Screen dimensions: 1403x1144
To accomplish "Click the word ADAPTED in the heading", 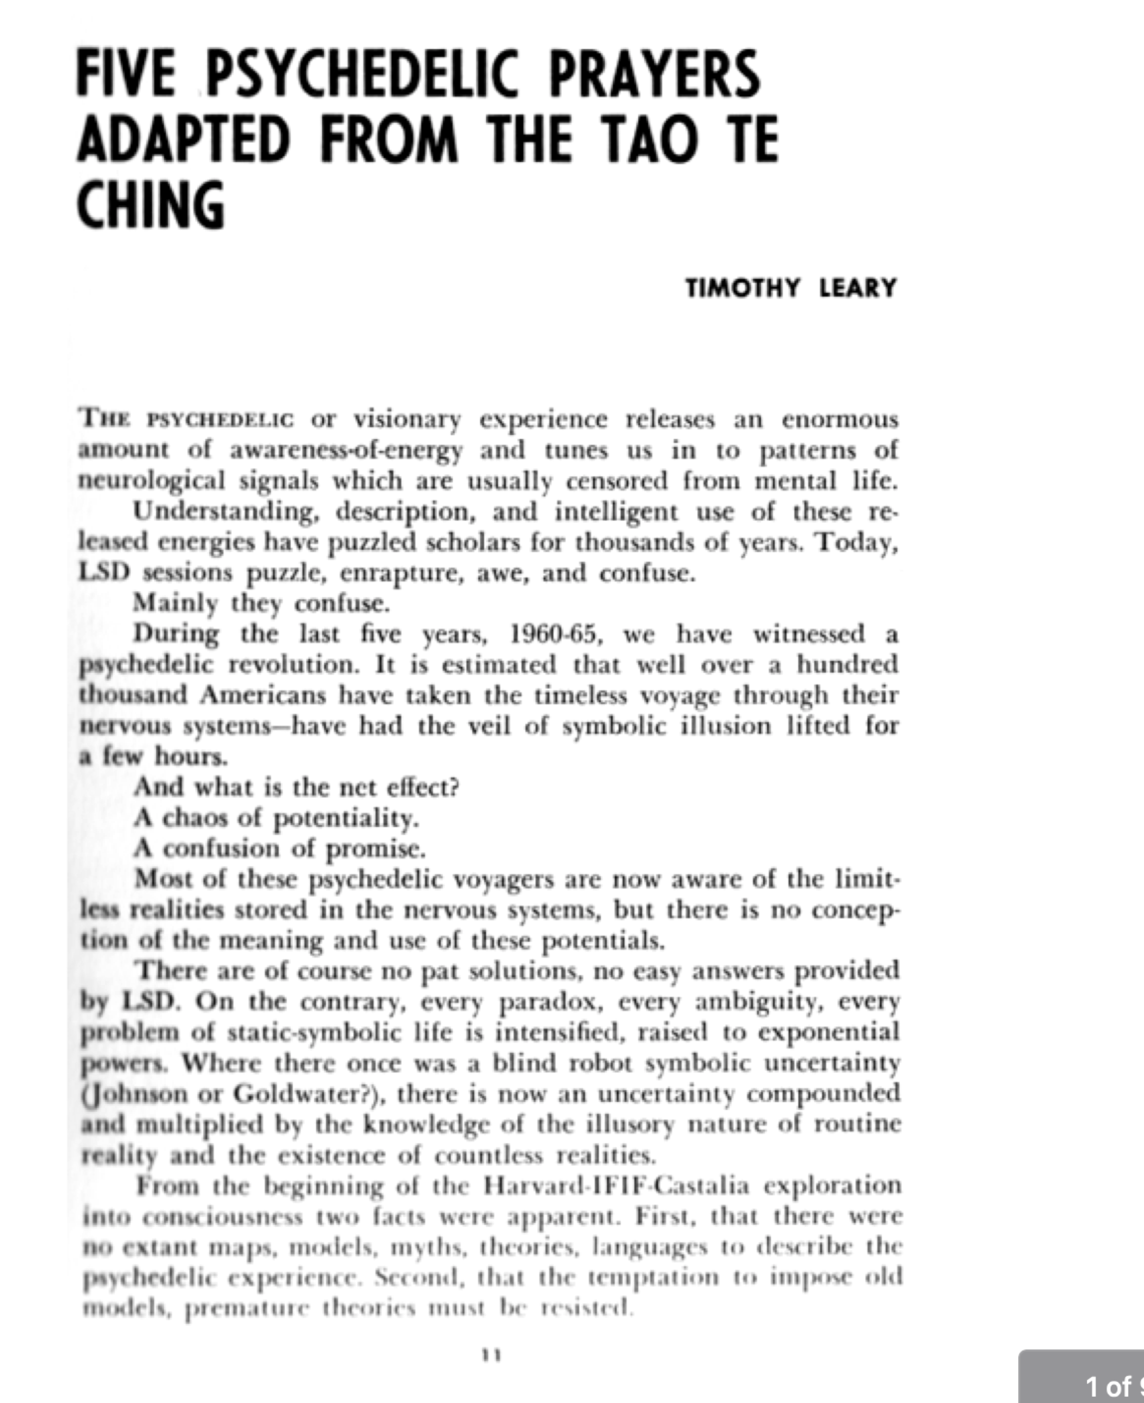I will [x=184, y=139].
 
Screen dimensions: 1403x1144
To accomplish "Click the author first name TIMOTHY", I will [x=743, y=288].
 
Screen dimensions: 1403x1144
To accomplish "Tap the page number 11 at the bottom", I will [x=491, y=1355].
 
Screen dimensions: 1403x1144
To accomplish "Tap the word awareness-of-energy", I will [x=346, y=451].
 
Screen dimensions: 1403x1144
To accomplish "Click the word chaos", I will [x=194, y=819].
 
